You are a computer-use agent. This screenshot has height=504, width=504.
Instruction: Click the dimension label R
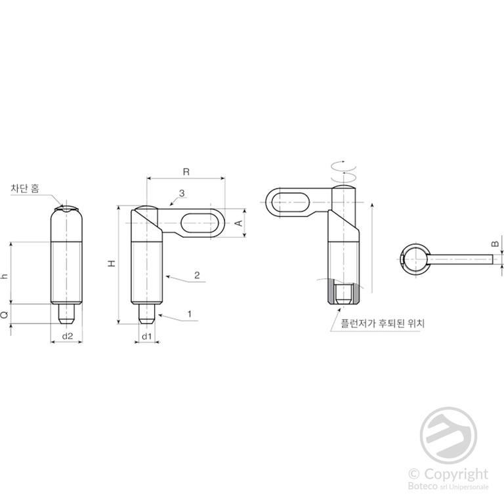tap(186, 172)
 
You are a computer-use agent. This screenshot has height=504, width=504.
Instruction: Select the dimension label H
tap(112, 264)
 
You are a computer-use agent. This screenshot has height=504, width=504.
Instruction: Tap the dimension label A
tap(239, 222)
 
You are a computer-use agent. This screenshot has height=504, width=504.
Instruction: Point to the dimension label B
tap(495, 243)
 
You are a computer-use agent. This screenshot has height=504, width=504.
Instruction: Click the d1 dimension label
tap(146, 336)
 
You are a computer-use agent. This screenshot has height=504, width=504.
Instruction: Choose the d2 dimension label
tap(68, 336)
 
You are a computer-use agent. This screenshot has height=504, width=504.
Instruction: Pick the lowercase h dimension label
tap(5, 276)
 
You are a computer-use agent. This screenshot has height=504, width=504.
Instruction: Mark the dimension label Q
tap(5, 315)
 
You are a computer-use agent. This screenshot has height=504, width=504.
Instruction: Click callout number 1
tap(190, 314)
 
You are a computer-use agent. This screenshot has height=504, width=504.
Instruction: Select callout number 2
tap(197, 275)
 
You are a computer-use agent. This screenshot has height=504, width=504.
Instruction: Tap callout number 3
tap(182, 193)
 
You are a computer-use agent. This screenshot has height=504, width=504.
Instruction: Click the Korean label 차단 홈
tap(25, 188)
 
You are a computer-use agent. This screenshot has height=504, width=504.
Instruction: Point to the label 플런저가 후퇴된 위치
tap(383, 323)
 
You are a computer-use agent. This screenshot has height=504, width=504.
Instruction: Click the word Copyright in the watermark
tap(456, 474)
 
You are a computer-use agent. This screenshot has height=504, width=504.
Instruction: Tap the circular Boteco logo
tap(448, 435)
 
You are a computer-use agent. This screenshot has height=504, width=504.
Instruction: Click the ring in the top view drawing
tap(415, 259)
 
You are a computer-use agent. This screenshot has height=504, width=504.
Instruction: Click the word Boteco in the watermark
tap(421, 486)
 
